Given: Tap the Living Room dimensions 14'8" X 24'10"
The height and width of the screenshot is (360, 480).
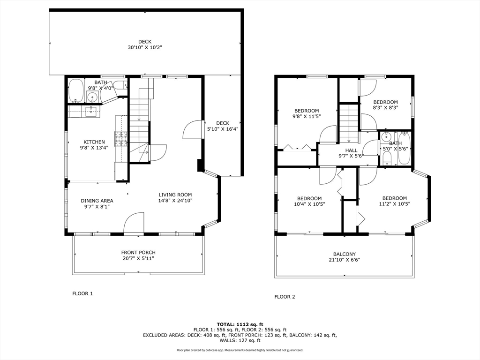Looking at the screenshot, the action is tap(175, 201).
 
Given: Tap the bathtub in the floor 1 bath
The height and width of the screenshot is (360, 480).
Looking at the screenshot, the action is tap(75, 91).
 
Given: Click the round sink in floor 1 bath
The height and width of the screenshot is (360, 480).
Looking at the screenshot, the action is tap(92, 97).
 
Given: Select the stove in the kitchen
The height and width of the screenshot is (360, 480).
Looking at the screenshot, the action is tap(121, 138).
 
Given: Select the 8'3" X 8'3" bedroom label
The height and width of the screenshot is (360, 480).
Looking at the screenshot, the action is tap(385, 105).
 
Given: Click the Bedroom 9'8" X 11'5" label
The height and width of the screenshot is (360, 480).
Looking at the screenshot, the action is tap(307, 113).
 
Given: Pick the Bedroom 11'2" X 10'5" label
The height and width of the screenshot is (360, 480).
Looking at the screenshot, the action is tap(394, 201).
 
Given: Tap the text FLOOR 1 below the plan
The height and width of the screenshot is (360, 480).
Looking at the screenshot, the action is tap(82, 293).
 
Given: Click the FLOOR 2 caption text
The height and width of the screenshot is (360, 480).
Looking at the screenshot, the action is tap(285, 297).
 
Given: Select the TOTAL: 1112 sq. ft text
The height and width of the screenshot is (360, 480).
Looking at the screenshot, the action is tap(240, 324).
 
